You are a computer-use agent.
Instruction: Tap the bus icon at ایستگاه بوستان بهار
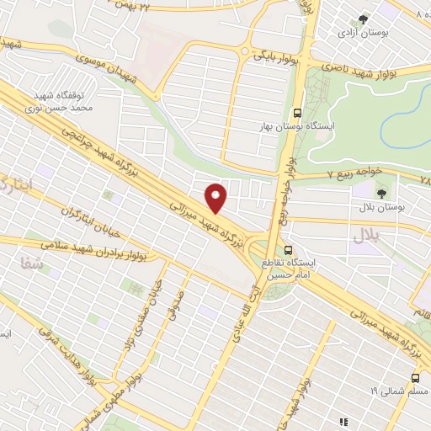[297, 114]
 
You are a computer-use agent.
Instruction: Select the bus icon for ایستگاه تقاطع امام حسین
[289, 251]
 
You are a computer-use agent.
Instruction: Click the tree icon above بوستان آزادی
[364, 19]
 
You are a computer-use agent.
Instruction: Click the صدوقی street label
[176, 312]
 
